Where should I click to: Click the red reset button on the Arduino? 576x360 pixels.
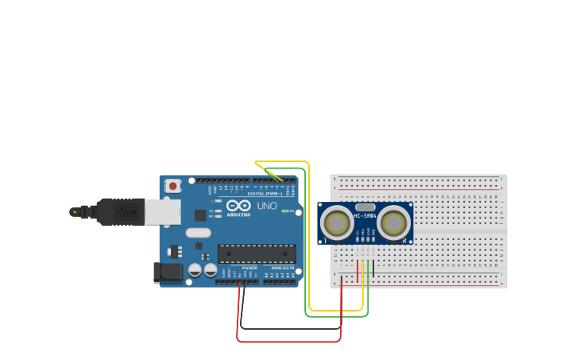(173, 186)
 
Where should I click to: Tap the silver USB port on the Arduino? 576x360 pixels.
(164, 211)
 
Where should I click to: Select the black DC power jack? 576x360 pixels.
(168, 273)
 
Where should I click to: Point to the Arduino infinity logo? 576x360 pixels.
(238, 206)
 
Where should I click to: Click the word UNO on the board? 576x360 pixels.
(267, 206)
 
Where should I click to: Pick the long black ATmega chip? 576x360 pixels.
(257, 254)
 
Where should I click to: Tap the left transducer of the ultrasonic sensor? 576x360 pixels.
(337, 223)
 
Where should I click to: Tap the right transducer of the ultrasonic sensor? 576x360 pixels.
(394, 223)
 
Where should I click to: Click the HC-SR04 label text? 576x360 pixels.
(365, 216)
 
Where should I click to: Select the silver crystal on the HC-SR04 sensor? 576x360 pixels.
(365, 207)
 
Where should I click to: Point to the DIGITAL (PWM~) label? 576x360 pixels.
(265, 193)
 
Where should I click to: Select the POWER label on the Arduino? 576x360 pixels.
(249, 269)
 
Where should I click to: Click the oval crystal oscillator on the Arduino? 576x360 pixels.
(199, 233)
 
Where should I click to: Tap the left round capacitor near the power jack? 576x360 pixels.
(195, 270)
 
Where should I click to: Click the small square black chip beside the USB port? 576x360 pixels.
(200, 215)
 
